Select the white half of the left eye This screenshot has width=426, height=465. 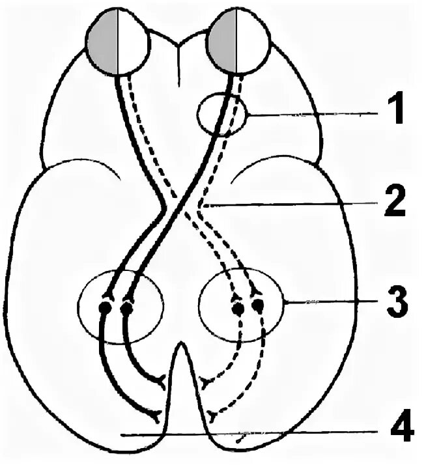pyautogui.click(x=134, y=44)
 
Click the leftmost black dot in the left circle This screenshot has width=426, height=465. pyautogui.click(x=104, y=306)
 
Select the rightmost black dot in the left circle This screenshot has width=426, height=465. pyautogui.click(x=126, y=306)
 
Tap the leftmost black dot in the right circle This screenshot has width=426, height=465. pyautogui.click(x=237, y=306)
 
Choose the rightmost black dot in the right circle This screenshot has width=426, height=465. pyautogui.click(x=259, y=305)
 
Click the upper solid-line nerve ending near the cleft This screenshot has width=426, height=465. pyautogui.click(x=160, y=378)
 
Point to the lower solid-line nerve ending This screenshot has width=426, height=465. pyautogui.click(x=155, y=414)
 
